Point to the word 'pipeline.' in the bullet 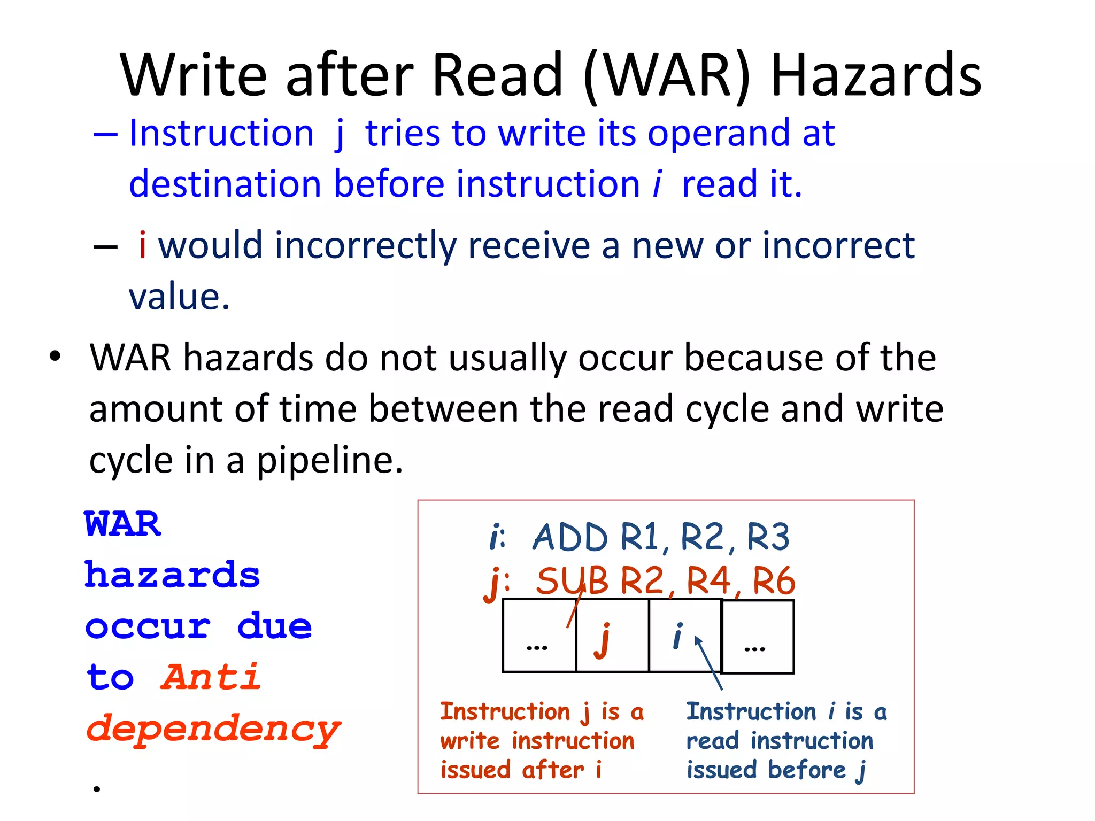click(x=330, y=460)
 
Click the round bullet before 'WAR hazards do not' click(x=55, y=357)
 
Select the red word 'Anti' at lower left click(x=211, y=677)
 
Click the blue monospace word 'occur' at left click(x=148, y=626)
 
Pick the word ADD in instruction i click(x=570, y=537)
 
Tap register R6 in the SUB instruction click(x=774, y=581)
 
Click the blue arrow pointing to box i click(x=708, y=663)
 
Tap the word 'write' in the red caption click(x=469, y=741)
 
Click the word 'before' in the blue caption click(x=807, y=770)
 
